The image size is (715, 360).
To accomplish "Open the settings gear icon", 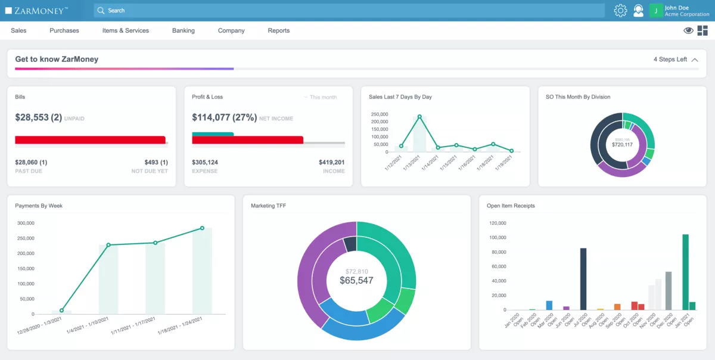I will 620,11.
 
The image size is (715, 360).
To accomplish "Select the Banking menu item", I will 184,30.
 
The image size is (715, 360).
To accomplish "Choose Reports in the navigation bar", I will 278,30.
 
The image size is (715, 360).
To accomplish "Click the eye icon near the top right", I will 688,30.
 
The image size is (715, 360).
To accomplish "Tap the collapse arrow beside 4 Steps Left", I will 695,60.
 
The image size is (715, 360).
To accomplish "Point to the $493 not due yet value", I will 156,162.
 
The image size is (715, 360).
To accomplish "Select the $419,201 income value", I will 331,162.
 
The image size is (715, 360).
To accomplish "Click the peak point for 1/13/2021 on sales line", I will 419,117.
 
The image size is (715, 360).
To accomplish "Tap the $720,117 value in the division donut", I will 622,144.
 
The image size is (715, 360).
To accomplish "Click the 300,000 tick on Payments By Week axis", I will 26,224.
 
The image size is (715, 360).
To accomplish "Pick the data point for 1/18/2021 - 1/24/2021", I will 202,228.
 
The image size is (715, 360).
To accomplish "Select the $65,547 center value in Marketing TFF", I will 356,280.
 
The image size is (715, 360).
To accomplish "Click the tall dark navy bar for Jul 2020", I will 583,279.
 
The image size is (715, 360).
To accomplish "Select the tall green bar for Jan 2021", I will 685,272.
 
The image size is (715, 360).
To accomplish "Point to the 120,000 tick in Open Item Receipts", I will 498,224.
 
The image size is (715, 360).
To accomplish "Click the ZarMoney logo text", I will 41,11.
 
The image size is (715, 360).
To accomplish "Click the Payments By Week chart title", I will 39,206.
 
